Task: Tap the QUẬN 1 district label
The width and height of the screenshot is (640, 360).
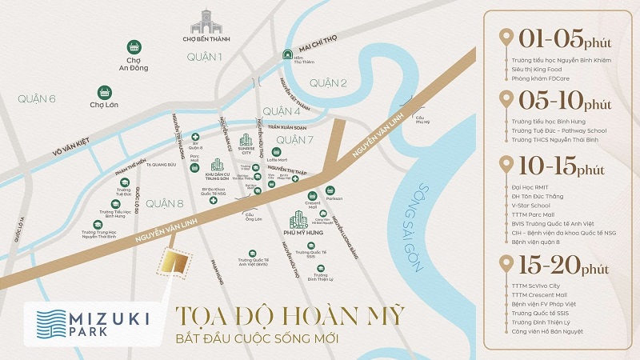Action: (x=204, y=57)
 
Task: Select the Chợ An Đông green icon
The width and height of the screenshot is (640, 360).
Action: (x=134, y=48)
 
